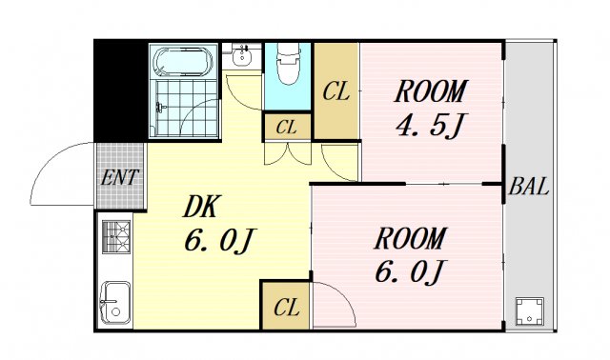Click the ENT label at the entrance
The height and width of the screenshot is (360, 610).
[x=119, y=177]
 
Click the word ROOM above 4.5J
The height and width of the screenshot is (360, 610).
[x=430, y=92]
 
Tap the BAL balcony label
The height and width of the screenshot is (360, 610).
[x=528, y=187]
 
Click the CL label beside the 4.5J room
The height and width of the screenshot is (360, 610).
[x=336, y=92]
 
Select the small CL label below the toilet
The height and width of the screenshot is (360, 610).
[x=287, y=128]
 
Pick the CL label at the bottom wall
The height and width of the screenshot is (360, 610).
[x=286, y=307]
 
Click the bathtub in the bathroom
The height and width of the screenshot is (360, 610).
[x=184, y=62]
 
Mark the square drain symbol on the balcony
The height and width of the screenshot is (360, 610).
[x=527, y=310]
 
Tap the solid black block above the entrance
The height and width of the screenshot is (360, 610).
[x=119, y=90]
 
